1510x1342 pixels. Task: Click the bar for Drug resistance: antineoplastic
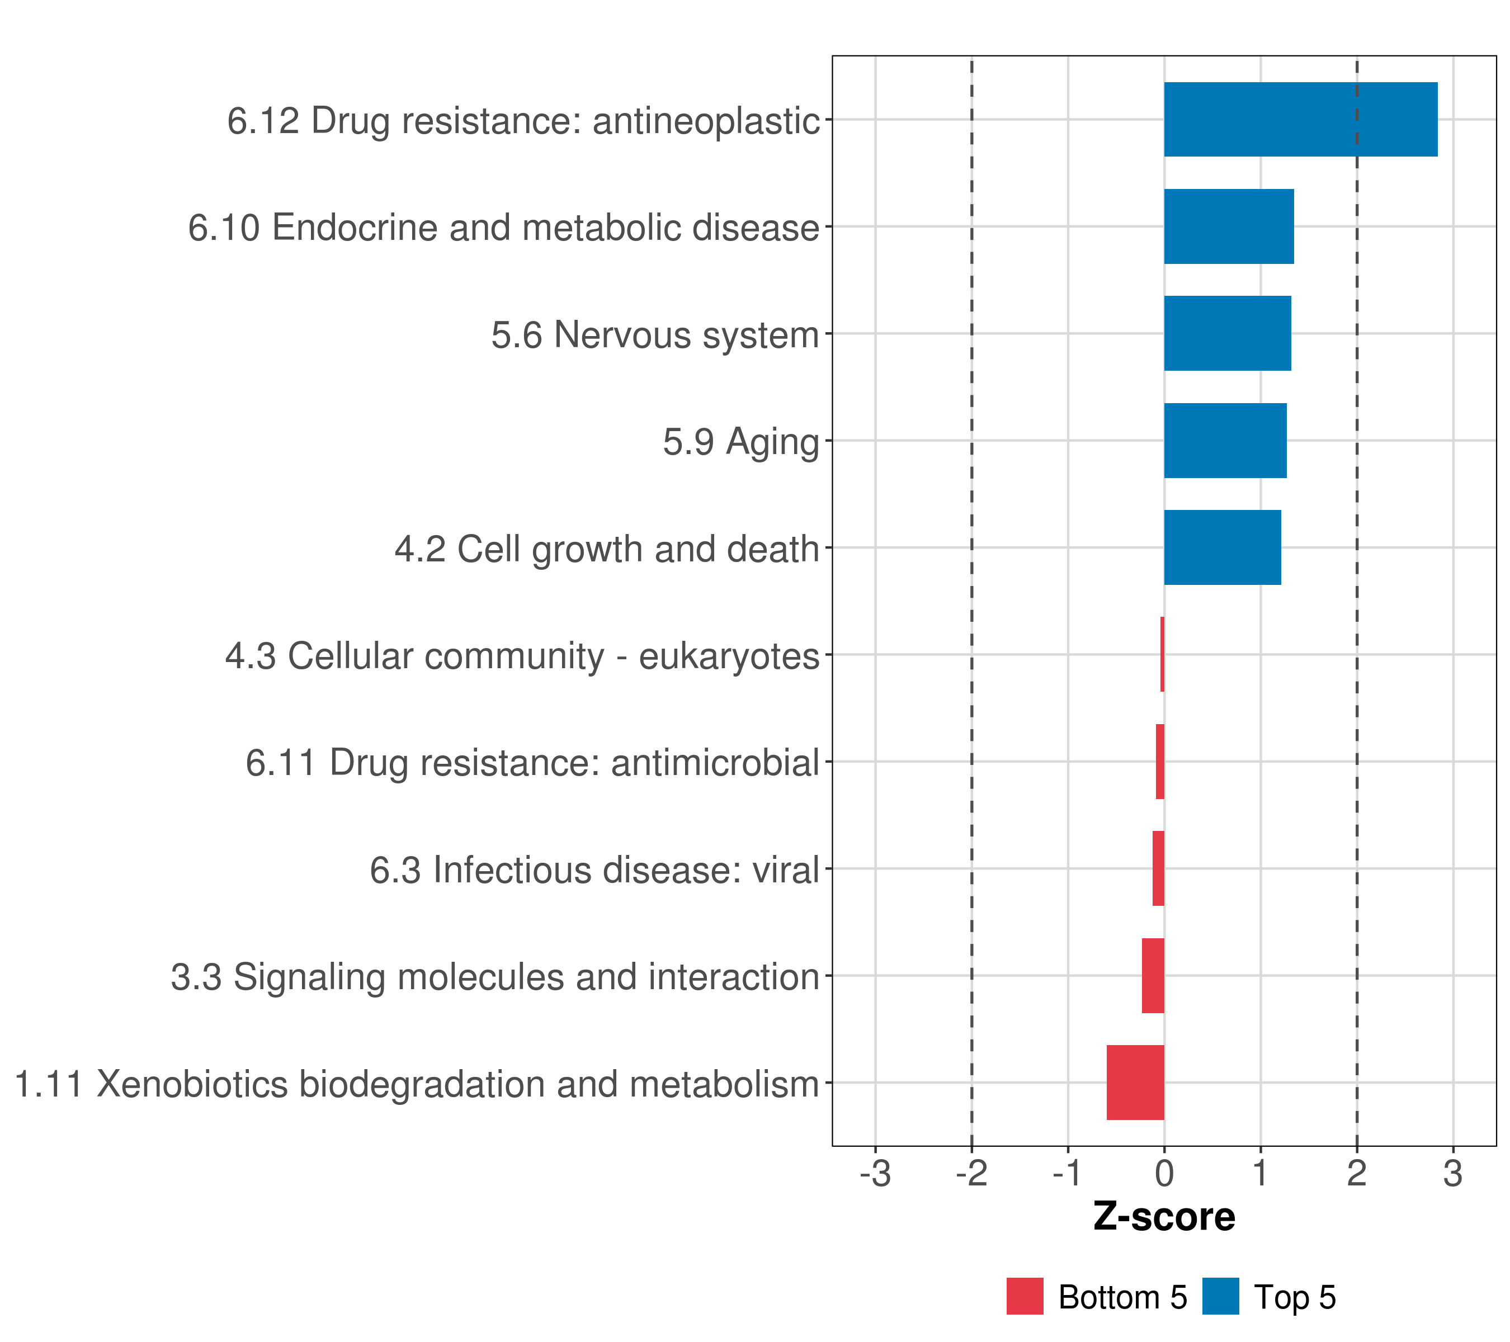click(1300, 119)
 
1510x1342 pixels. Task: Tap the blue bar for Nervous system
click(1227, 333)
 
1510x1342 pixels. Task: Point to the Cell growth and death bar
click(1222, 547)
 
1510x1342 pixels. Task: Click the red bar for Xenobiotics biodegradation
click(1135, 1082)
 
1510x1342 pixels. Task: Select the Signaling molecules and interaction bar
click(1153, 975)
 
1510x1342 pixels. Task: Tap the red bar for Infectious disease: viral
click(1158, 868)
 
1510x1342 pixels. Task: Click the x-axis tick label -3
click(875, 1173)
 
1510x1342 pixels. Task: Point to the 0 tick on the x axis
click(1164, 1173)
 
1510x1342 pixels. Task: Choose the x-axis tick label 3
click(1452, 1173)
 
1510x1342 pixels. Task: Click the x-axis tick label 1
click(1261, 1173)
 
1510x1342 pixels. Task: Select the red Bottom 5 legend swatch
click(1025, 1296)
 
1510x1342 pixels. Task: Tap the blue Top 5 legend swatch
click(1220, 1296)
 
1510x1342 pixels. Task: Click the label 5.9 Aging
click(741, 442)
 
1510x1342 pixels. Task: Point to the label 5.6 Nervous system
click(655, 334)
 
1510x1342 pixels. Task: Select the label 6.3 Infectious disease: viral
click(594, 870)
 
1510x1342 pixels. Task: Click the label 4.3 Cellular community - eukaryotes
click(522, 656)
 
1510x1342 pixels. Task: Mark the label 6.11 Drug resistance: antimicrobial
click(532, 762)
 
